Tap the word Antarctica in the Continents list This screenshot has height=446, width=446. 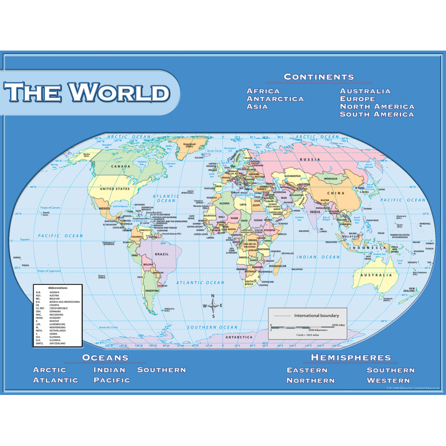coord(275,99)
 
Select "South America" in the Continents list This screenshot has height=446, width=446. coord(377,114)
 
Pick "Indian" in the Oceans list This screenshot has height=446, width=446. coord(110,370)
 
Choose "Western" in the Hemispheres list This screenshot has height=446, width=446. coord(389,381)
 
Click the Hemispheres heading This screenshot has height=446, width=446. coord(351,357)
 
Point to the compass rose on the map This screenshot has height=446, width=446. coord(213,306)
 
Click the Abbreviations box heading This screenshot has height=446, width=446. coord(58,288)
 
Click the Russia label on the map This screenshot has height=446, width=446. coord(310,159)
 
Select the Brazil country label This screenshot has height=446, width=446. coord(162,254)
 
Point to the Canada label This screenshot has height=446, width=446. coord(120,167)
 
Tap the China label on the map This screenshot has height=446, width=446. coord(335,193)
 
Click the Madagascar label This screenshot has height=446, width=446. coord(278,266)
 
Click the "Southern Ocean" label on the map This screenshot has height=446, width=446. coord(212,327)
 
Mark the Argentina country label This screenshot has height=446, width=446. coord(152,291)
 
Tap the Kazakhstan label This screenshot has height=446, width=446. coord(292,176)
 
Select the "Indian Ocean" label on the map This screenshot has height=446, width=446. coord(318,257)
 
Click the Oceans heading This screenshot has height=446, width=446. coord(105,357)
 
